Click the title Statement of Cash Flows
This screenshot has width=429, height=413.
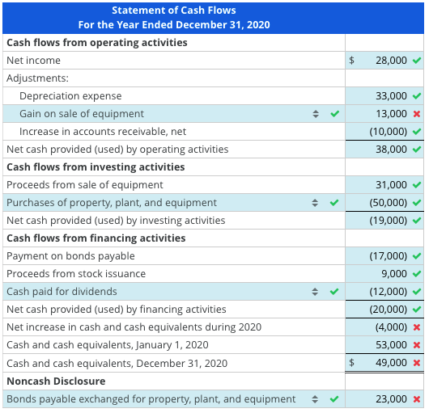point(174,11)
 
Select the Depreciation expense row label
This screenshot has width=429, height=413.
point(70,96)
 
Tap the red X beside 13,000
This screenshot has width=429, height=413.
point(416,114)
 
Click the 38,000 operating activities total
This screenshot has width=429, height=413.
point(392,150)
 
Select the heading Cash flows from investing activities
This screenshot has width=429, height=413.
point(96,167)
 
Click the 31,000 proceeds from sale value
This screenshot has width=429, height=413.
point(392,185)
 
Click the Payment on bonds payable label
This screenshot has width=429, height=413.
point(70,256)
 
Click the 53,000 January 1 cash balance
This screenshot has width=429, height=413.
point(392,345)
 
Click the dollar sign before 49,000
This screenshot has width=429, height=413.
point(352,363)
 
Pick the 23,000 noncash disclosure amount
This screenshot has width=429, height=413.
point(392,398)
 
